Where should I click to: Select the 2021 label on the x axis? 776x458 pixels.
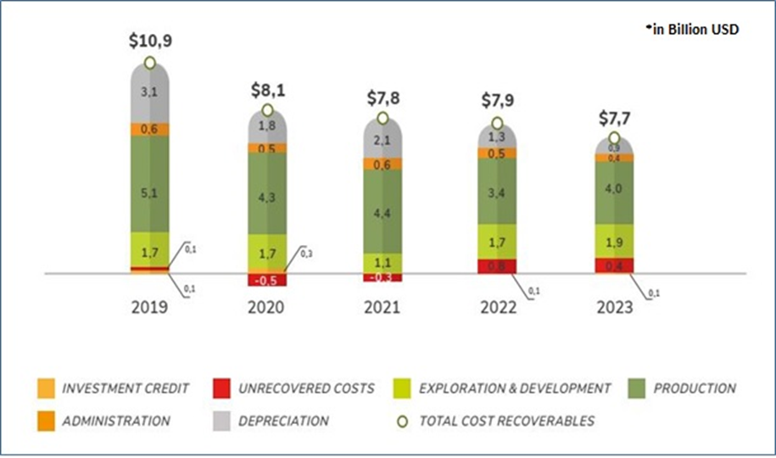[382, 307]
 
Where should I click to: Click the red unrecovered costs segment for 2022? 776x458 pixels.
[498, 266]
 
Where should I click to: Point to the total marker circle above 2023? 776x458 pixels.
[614, 138]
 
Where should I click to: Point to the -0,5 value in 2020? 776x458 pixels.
[267, 280]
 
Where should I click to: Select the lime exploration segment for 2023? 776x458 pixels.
[614, 242]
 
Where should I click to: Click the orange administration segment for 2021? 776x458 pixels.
[382, 164]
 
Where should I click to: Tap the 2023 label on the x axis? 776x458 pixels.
[614, 307]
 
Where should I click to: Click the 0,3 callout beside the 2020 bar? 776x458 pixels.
[308, 253]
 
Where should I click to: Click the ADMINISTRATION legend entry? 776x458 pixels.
[115, 420]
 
